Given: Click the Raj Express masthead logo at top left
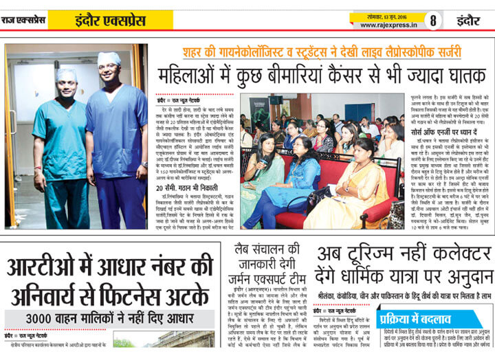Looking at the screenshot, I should click(23, 20).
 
